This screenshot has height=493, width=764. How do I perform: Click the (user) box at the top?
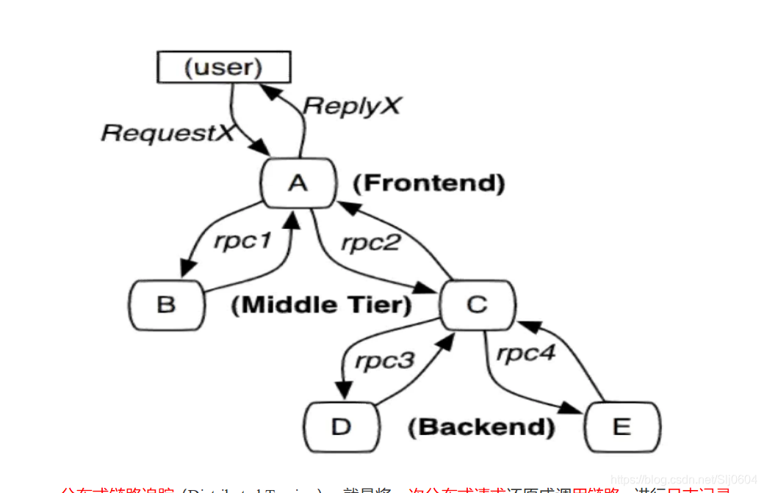click(223, 67)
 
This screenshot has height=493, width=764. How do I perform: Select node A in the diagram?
click(298, 183)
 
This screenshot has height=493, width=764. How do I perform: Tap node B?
click(166, 304)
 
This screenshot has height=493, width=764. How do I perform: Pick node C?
click(477, 304)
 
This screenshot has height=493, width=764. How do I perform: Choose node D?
click(341, 426)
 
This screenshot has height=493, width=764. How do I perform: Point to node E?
click(622, 426)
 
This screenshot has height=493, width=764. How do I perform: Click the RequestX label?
click(167, 133)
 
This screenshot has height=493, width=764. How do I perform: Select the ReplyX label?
click(352, 106)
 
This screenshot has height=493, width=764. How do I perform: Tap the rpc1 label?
click(242, 241)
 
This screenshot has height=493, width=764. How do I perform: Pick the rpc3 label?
click(384, 361)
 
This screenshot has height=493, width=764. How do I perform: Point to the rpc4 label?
click(526, 354)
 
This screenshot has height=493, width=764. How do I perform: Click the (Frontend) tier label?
click(429, 183)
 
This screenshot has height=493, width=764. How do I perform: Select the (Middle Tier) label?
click(321, 304)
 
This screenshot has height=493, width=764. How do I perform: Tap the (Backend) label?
click(481, 426)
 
